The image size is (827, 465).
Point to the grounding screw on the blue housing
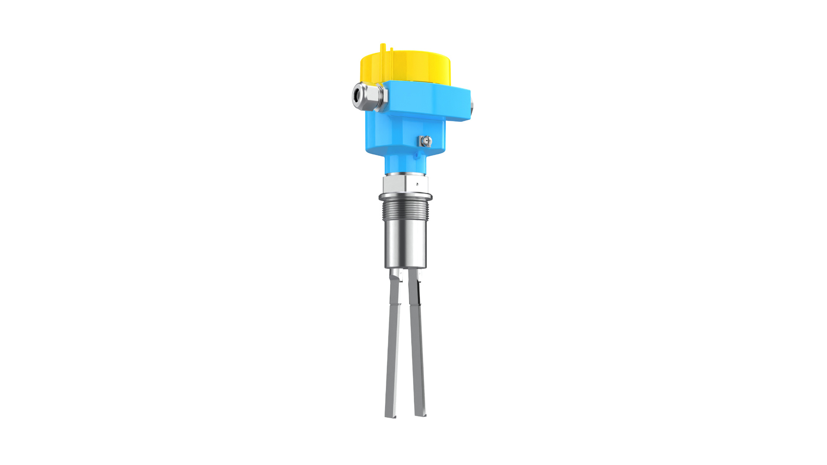pos(426,140)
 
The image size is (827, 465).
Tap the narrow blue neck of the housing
pos(405,164)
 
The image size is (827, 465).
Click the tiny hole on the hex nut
pos(417,184)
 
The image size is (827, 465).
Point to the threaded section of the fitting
pos(405,211)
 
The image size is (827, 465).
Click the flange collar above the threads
pos(405,197)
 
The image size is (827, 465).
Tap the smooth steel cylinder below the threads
pos(405,245)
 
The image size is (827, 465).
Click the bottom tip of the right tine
pos(421,414)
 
